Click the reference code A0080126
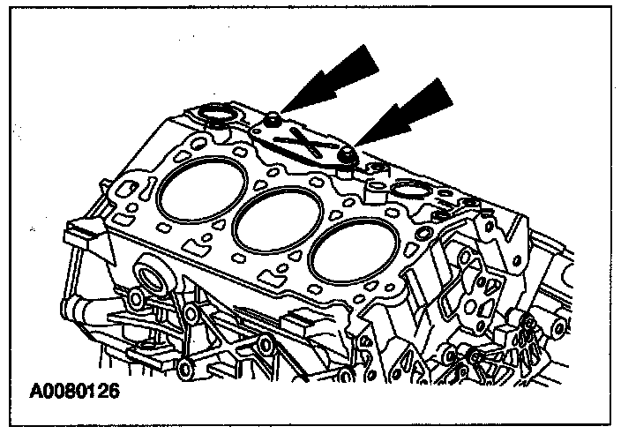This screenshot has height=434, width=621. click(x=75, y=388)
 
